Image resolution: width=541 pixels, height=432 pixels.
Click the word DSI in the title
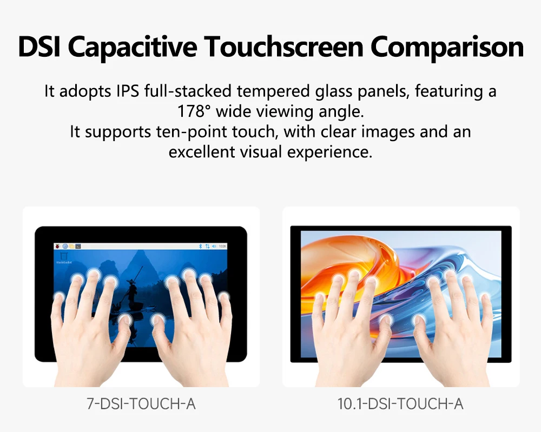tap(39, 46)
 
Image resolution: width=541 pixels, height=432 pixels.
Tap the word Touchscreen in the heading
tap(283, 46)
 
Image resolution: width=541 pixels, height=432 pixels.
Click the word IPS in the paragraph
tap(128, 91)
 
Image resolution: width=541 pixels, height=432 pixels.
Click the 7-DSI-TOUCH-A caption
tap(141, 404)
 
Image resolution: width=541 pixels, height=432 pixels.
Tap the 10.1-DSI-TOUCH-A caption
tap(400, 404)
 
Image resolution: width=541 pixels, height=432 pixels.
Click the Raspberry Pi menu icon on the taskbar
tap(57, 246)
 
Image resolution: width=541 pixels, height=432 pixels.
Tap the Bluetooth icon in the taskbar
tap(201, 246)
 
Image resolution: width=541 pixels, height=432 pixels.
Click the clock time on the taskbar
tap(222, 246)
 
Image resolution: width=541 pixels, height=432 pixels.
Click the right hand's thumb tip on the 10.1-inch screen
tap(419, 320)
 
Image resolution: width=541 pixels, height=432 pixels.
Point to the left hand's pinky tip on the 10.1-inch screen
tap(320, 297)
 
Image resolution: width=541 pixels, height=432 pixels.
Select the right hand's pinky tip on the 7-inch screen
tap(223, 296)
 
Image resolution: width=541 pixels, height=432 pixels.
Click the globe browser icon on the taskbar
tap(65, 246)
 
